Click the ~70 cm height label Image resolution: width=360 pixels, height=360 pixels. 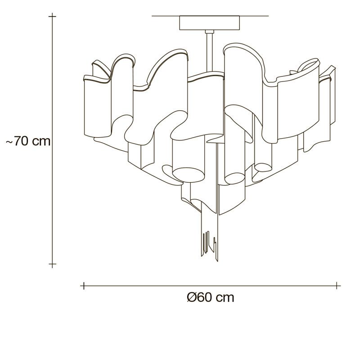pyautogui.click(x=28, y=141)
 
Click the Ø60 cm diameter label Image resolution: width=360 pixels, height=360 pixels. pyautogui.click(x=211, y=298)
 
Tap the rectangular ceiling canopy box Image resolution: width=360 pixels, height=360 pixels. pyautogui.click(x=209, y=23)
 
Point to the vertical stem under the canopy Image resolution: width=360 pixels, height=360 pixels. pyautogui.click(x=209, y=52)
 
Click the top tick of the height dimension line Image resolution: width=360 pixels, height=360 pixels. pyautogui.click(x=52, y=16)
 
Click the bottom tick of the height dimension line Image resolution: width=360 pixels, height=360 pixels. pyautogui.click(x=52, y=264)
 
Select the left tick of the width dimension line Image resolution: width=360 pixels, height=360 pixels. pyautogui.click(x=84, y=286)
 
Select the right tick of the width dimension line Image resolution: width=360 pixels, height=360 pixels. pyautogui.click(x=337, y=286)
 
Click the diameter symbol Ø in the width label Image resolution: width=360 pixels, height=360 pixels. pyautogui.click(x=192, y=298)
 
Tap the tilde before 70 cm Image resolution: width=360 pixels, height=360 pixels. pyautogui.click(x=9, y=142)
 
